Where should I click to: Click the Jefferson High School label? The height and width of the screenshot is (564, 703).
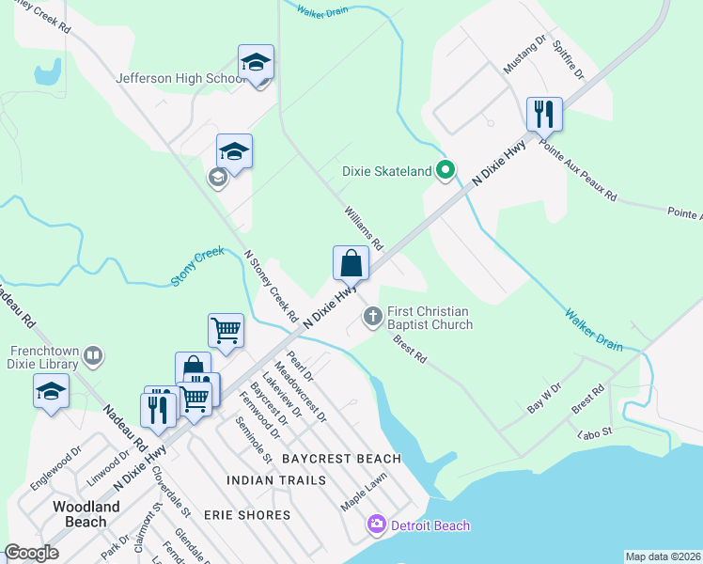tap(180, 79)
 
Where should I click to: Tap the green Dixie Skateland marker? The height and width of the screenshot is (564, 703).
tap(446, 170)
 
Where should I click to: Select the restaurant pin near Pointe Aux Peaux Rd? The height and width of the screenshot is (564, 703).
tap(544, 115)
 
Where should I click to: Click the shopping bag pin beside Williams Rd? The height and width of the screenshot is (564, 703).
tap(351, 264)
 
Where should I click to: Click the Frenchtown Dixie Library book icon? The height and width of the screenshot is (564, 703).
tap(92, 355)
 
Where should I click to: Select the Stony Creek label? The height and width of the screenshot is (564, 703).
tap(197, 266)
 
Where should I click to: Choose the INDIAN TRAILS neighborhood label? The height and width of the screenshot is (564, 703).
tap(276, 480)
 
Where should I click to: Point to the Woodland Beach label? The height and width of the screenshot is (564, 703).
tap(86, 514)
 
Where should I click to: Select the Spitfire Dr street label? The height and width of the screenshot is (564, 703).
tap(569, 58)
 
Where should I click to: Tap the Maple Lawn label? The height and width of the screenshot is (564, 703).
tap(365, 492)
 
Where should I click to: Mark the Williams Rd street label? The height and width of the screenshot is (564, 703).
tap(364, 227)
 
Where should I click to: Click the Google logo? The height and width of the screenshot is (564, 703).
tap(31, 553)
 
